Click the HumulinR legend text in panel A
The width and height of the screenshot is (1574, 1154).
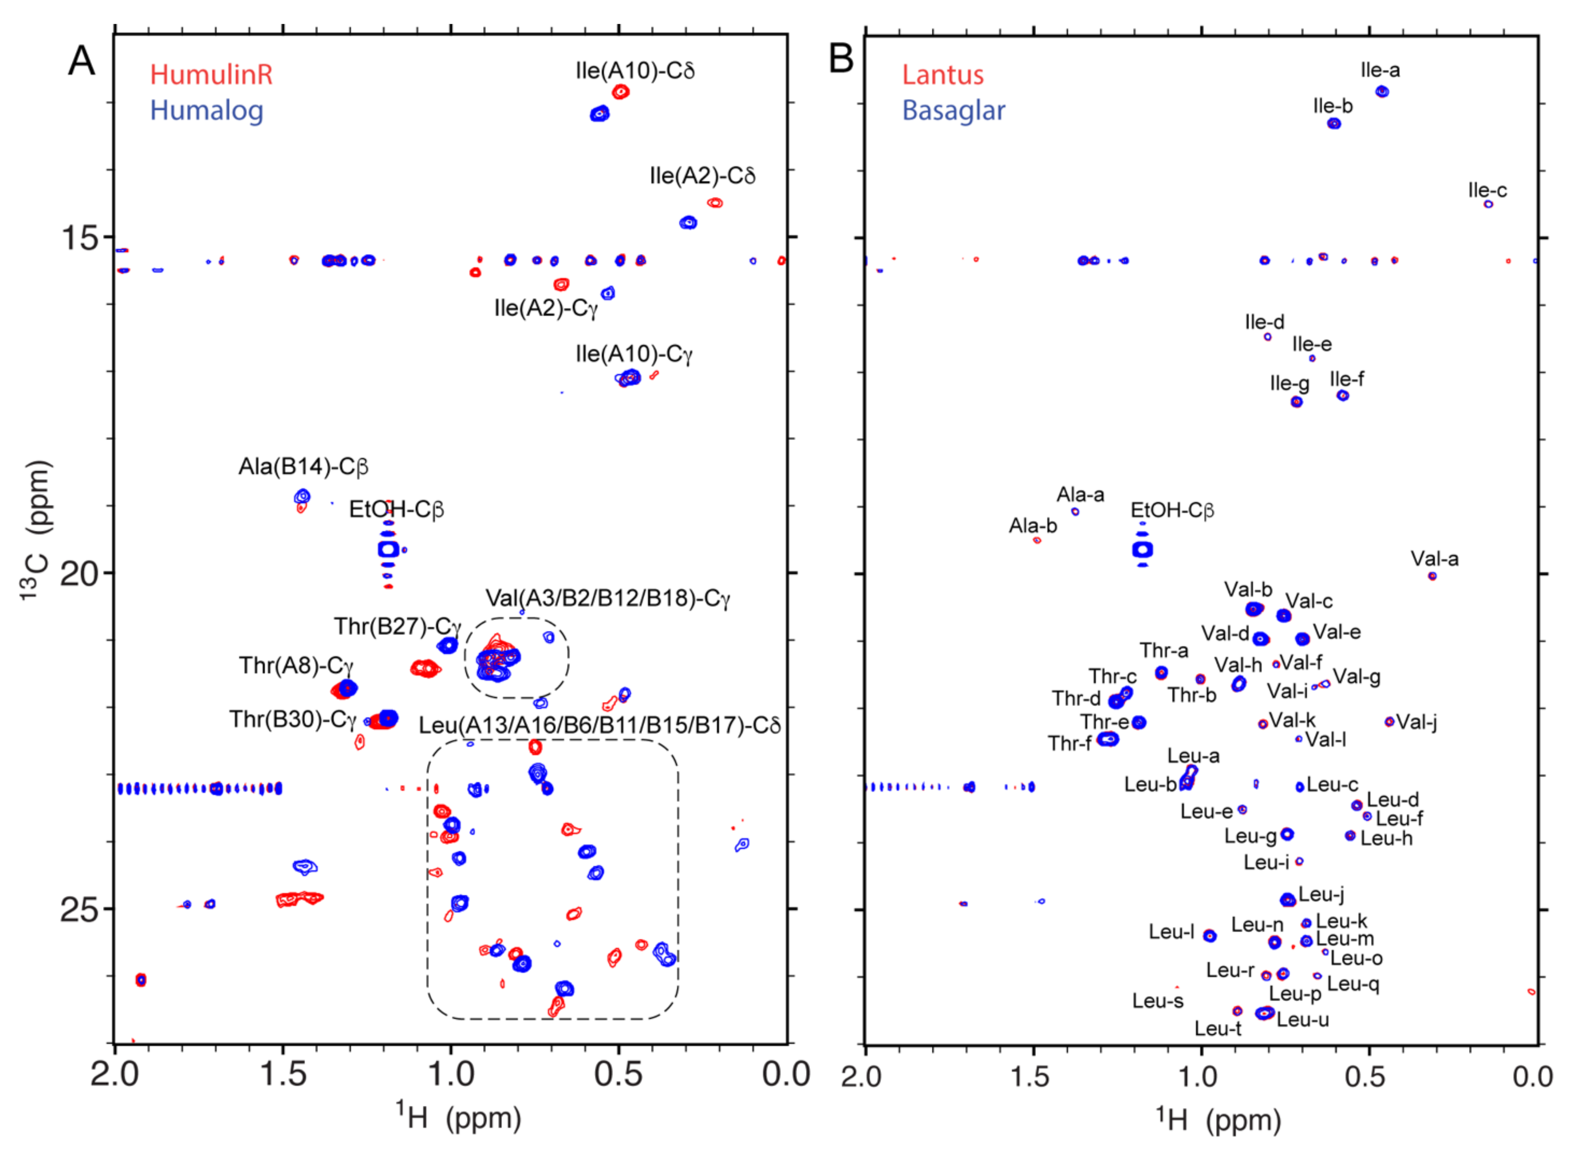211,74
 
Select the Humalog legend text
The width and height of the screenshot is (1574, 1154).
207,111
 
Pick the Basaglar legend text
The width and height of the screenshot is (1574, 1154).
954,111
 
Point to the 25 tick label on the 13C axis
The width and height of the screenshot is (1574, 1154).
79,910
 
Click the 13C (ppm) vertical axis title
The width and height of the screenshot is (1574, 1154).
35,531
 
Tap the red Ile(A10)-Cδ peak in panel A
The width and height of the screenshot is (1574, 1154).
620,92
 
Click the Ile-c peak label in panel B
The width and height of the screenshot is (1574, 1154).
1488,190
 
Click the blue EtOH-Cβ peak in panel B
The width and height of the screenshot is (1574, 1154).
1142,550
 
